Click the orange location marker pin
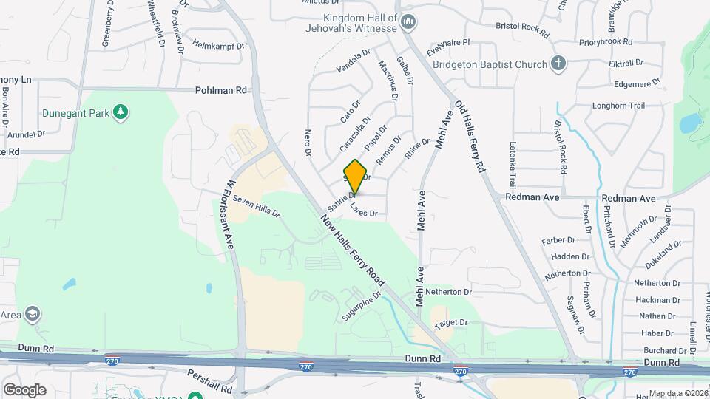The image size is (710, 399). pyautogui.click(x=356, y=176)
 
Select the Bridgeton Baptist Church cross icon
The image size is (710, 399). pyautogui.click(x=559, y=64)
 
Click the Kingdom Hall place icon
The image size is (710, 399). pyautogui.click(x=408, y=24)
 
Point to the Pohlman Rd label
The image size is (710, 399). pyautogui.click(x=221, y=90)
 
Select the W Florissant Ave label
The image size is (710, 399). pyautogui.click(x=230, y=214)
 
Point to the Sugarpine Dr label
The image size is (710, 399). pyautogui.click(x=361, y=304)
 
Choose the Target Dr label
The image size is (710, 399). pyautogui.click(x=451, y=323)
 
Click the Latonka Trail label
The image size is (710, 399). pyautogui.click(x=512, y=165)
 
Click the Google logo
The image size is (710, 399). pyautogui.click(x=24, y=389)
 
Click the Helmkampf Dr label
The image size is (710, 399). pyautogui.click(x=218, y=45)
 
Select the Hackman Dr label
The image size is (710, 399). pyautogui.click(x=652, y=300)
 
